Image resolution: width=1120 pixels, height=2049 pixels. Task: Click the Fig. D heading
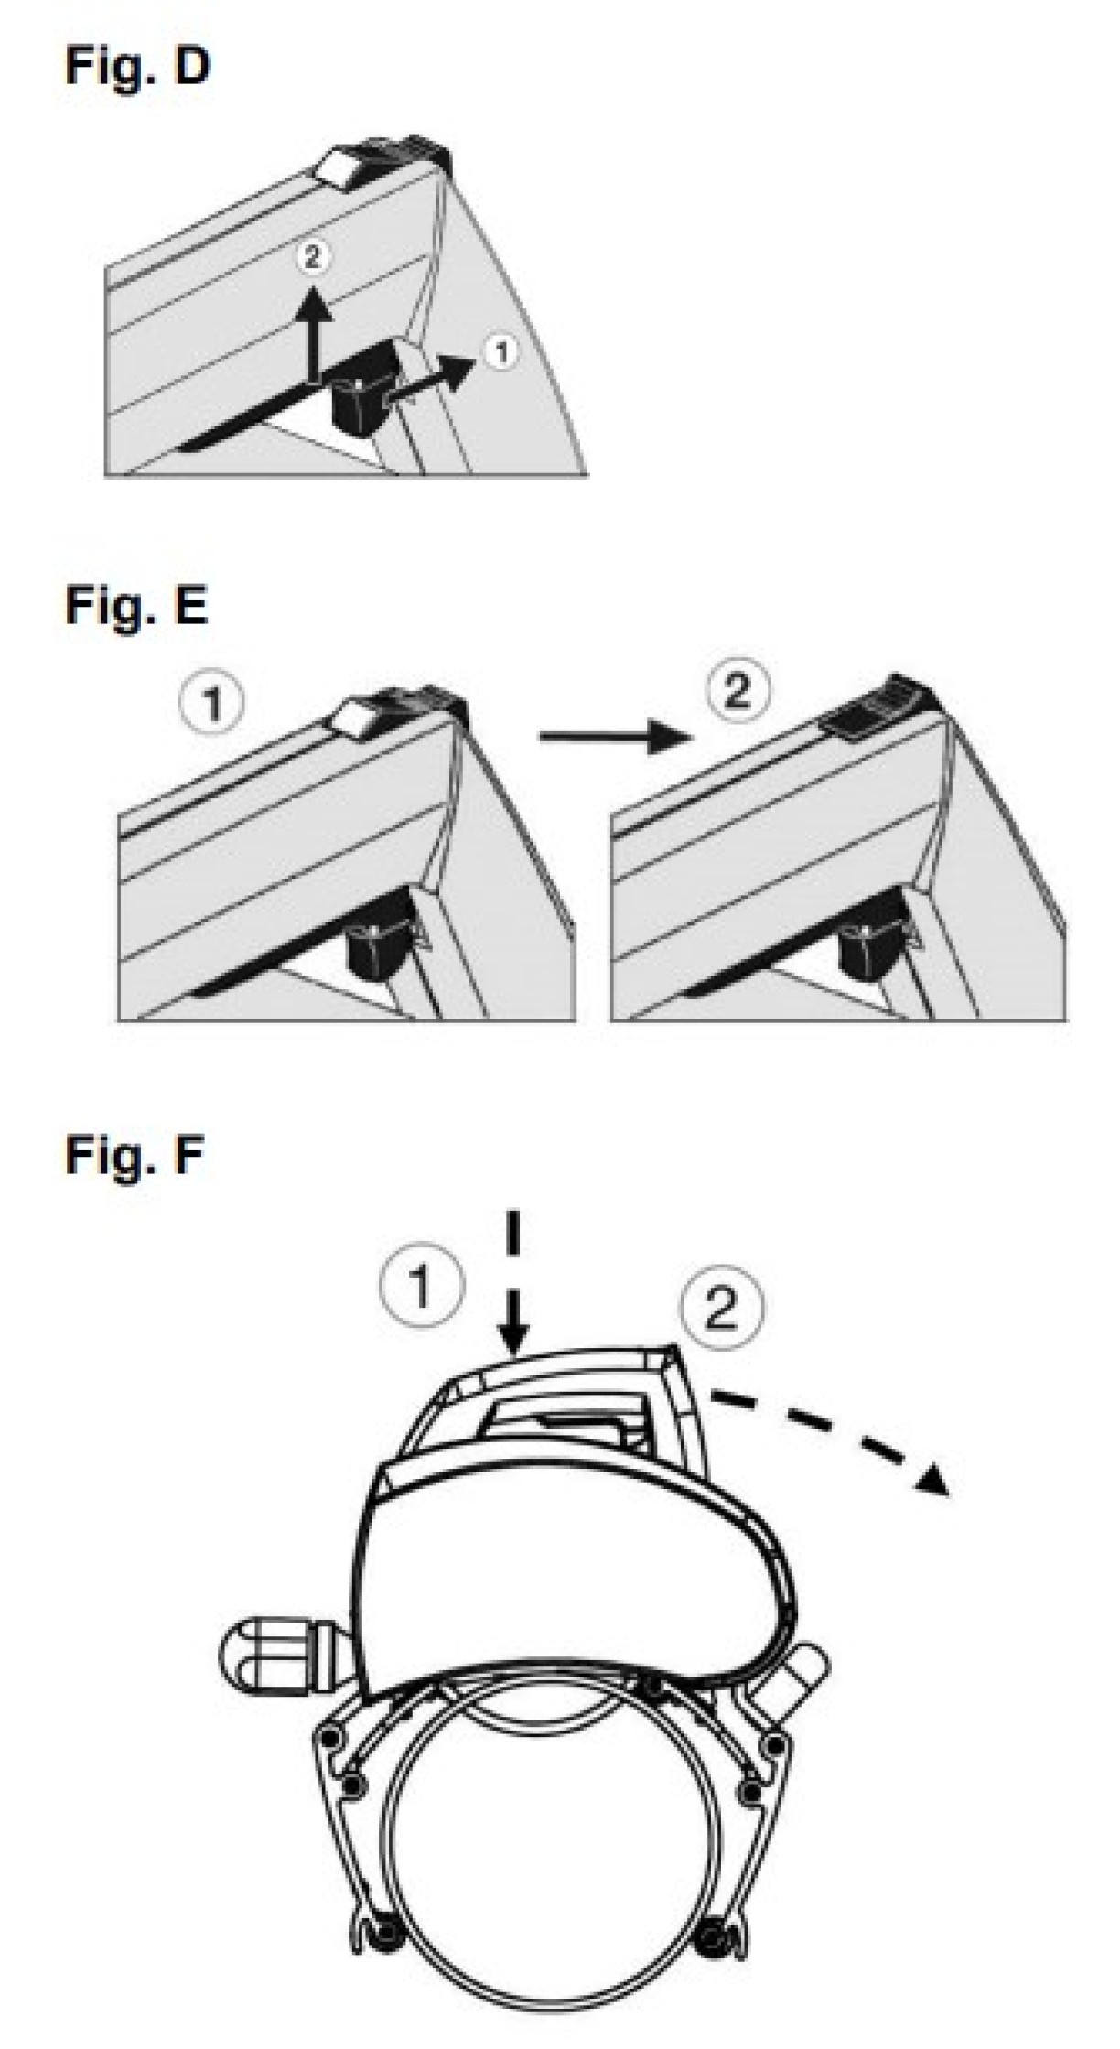click(137, 67)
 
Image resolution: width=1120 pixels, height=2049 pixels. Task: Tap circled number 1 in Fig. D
click(501, 351)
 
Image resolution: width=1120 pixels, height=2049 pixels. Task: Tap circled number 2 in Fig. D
click(313, 257)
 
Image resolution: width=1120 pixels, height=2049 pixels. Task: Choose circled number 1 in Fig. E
click(213, 703)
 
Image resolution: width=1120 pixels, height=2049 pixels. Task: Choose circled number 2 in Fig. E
click(737, 691)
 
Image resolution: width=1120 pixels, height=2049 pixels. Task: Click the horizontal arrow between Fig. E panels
click(611, 736)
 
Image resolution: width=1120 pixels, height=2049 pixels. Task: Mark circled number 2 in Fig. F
click(722, 1309)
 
